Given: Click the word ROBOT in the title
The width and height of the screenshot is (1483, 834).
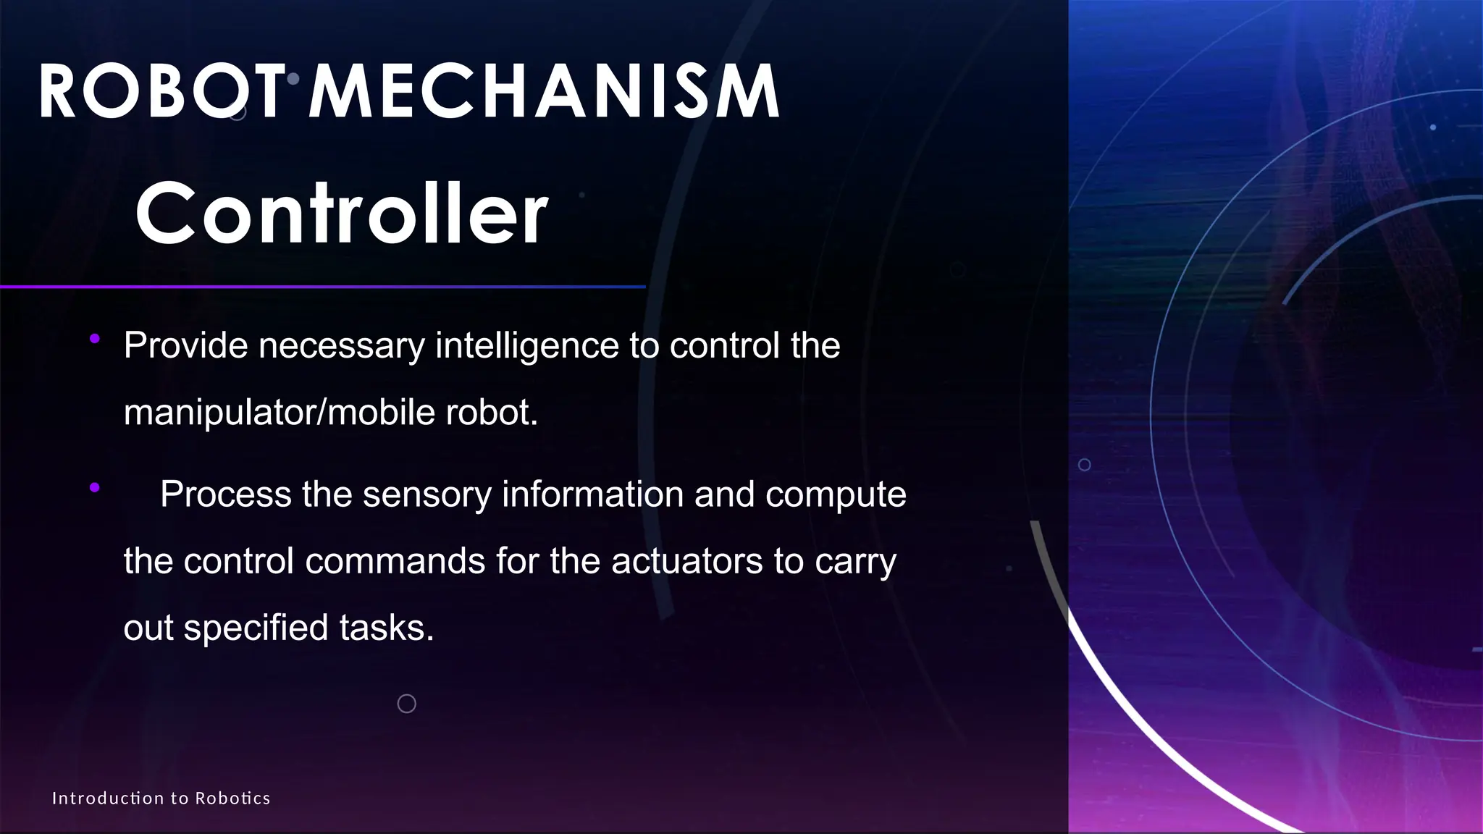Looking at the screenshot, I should [161, 92].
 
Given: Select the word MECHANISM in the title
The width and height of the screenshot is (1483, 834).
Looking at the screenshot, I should [544, 92].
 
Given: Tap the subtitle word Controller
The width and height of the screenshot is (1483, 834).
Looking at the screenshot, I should [341, 213].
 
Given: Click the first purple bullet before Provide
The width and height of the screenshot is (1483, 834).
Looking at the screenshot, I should [95, 339].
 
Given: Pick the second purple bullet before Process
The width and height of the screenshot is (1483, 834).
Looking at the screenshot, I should [95, 488].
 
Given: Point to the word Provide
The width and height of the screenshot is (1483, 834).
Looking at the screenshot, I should [185, 346].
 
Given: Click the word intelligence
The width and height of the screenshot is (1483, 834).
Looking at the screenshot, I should [526, 346].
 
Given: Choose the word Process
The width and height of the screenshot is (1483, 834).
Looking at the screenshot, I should [225, 494].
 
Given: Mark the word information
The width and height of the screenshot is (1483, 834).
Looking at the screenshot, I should [592, 494].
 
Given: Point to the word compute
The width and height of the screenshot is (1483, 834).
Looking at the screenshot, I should [835, 494].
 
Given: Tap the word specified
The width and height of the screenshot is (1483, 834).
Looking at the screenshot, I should [256, 628].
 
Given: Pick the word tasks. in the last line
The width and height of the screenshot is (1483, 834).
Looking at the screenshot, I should [387, 628].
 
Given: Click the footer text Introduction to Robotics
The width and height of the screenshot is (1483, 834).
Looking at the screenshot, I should [161, 799].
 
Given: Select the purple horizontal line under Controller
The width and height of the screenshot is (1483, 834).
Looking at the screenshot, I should [322, 287].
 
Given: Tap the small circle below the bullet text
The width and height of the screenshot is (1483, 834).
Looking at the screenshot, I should [407, 703].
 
